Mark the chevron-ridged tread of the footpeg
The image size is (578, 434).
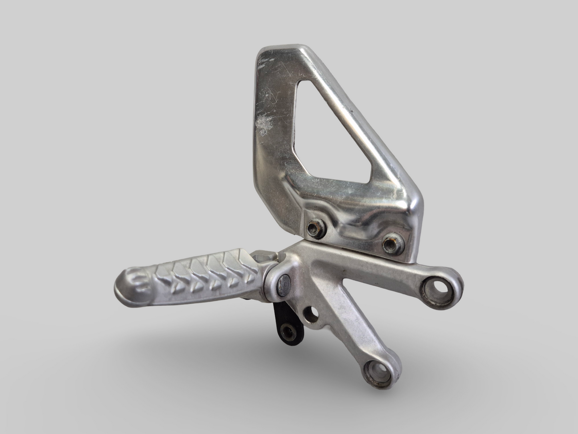200,272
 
